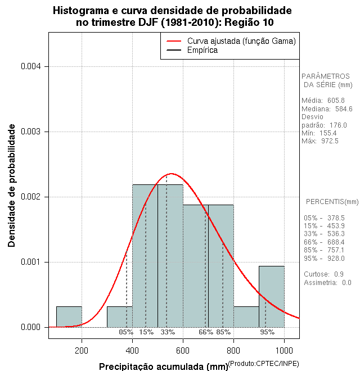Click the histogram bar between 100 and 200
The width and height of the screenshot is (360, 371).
click(69, 316)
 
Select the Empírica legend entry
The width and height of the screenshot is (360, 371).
click(202, 50)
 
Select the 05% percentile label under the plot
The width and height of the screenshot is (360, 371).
click(126, 332)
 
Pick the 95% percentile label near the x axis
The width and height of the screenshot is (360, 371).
click(267, 332)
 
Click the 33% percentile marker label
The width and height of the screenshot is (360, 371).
click(168, 332)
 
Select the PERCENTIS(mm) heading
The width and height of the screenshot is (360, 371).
click(332, 201)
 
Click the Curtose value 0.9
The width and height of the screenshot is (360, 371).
click(339, 274)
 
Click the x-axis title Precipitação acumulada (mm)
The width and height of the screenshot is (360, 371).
click(163, 367)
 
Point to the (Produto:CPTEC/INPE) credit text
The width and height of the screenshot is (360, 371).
click(263, 364)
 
